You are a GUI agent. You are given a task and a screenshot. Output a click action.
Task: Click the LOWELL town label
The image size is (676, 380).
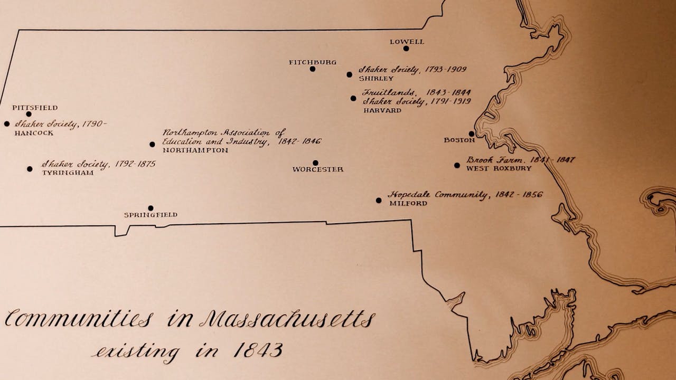click(x=407, y=42)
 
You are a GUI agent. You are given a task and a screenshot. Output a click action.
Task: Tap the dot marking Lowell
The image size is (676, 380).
click(x=406, y=49)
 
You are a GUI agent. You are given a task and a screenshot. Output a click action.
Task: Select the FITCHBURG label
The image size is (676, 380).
click(x=313, y=62)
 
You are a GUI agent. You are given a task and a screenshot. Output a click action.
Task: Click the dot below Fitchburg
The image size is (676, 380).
click(x=313, y=69)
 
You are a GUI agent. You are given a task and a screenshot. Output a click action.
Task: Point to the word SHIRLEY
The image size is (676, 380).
click(x=376, y=79)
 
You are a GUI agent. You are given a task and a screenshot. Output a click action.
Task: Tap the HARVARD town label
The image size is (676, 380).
click(x=382, y=111)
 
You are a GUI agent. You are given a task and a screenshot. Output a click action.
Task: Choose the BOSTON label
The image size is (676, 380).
click(x=459, y=140)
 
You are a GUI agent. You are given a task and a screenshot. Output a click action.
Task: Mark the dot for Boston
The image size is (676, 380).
click(x=472, y=134)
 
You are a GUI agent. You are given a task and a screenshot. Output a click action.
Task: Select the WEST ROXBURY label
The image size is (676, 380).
click(x=499, y=168)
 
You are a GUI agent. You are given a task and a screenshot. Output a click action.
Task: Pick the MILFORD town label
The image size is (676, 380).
click(x=408, y=203)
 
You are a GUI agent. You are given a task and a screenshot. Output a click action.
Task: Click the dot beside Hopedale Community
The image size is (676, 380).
click(x=379, y=201)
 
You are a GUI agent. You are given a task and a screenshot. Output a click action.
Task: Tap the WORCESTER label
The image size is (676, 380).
click(x=318, y=169)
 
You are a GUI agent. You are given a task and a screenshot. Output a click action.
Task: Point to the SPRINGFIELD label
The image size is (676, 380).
click(x=151, y=215)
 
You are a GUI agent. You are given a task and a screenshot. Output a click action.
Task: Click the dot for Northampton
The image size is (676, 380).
click(x=152, y=144)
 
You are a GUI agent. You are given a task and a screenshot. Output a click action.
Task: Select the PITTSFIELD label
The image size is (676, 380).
click(x=35, y=108)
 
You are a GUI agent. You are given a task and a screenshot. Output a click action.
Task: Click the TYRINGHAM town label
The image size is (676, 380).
click(x=68, y=173)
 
